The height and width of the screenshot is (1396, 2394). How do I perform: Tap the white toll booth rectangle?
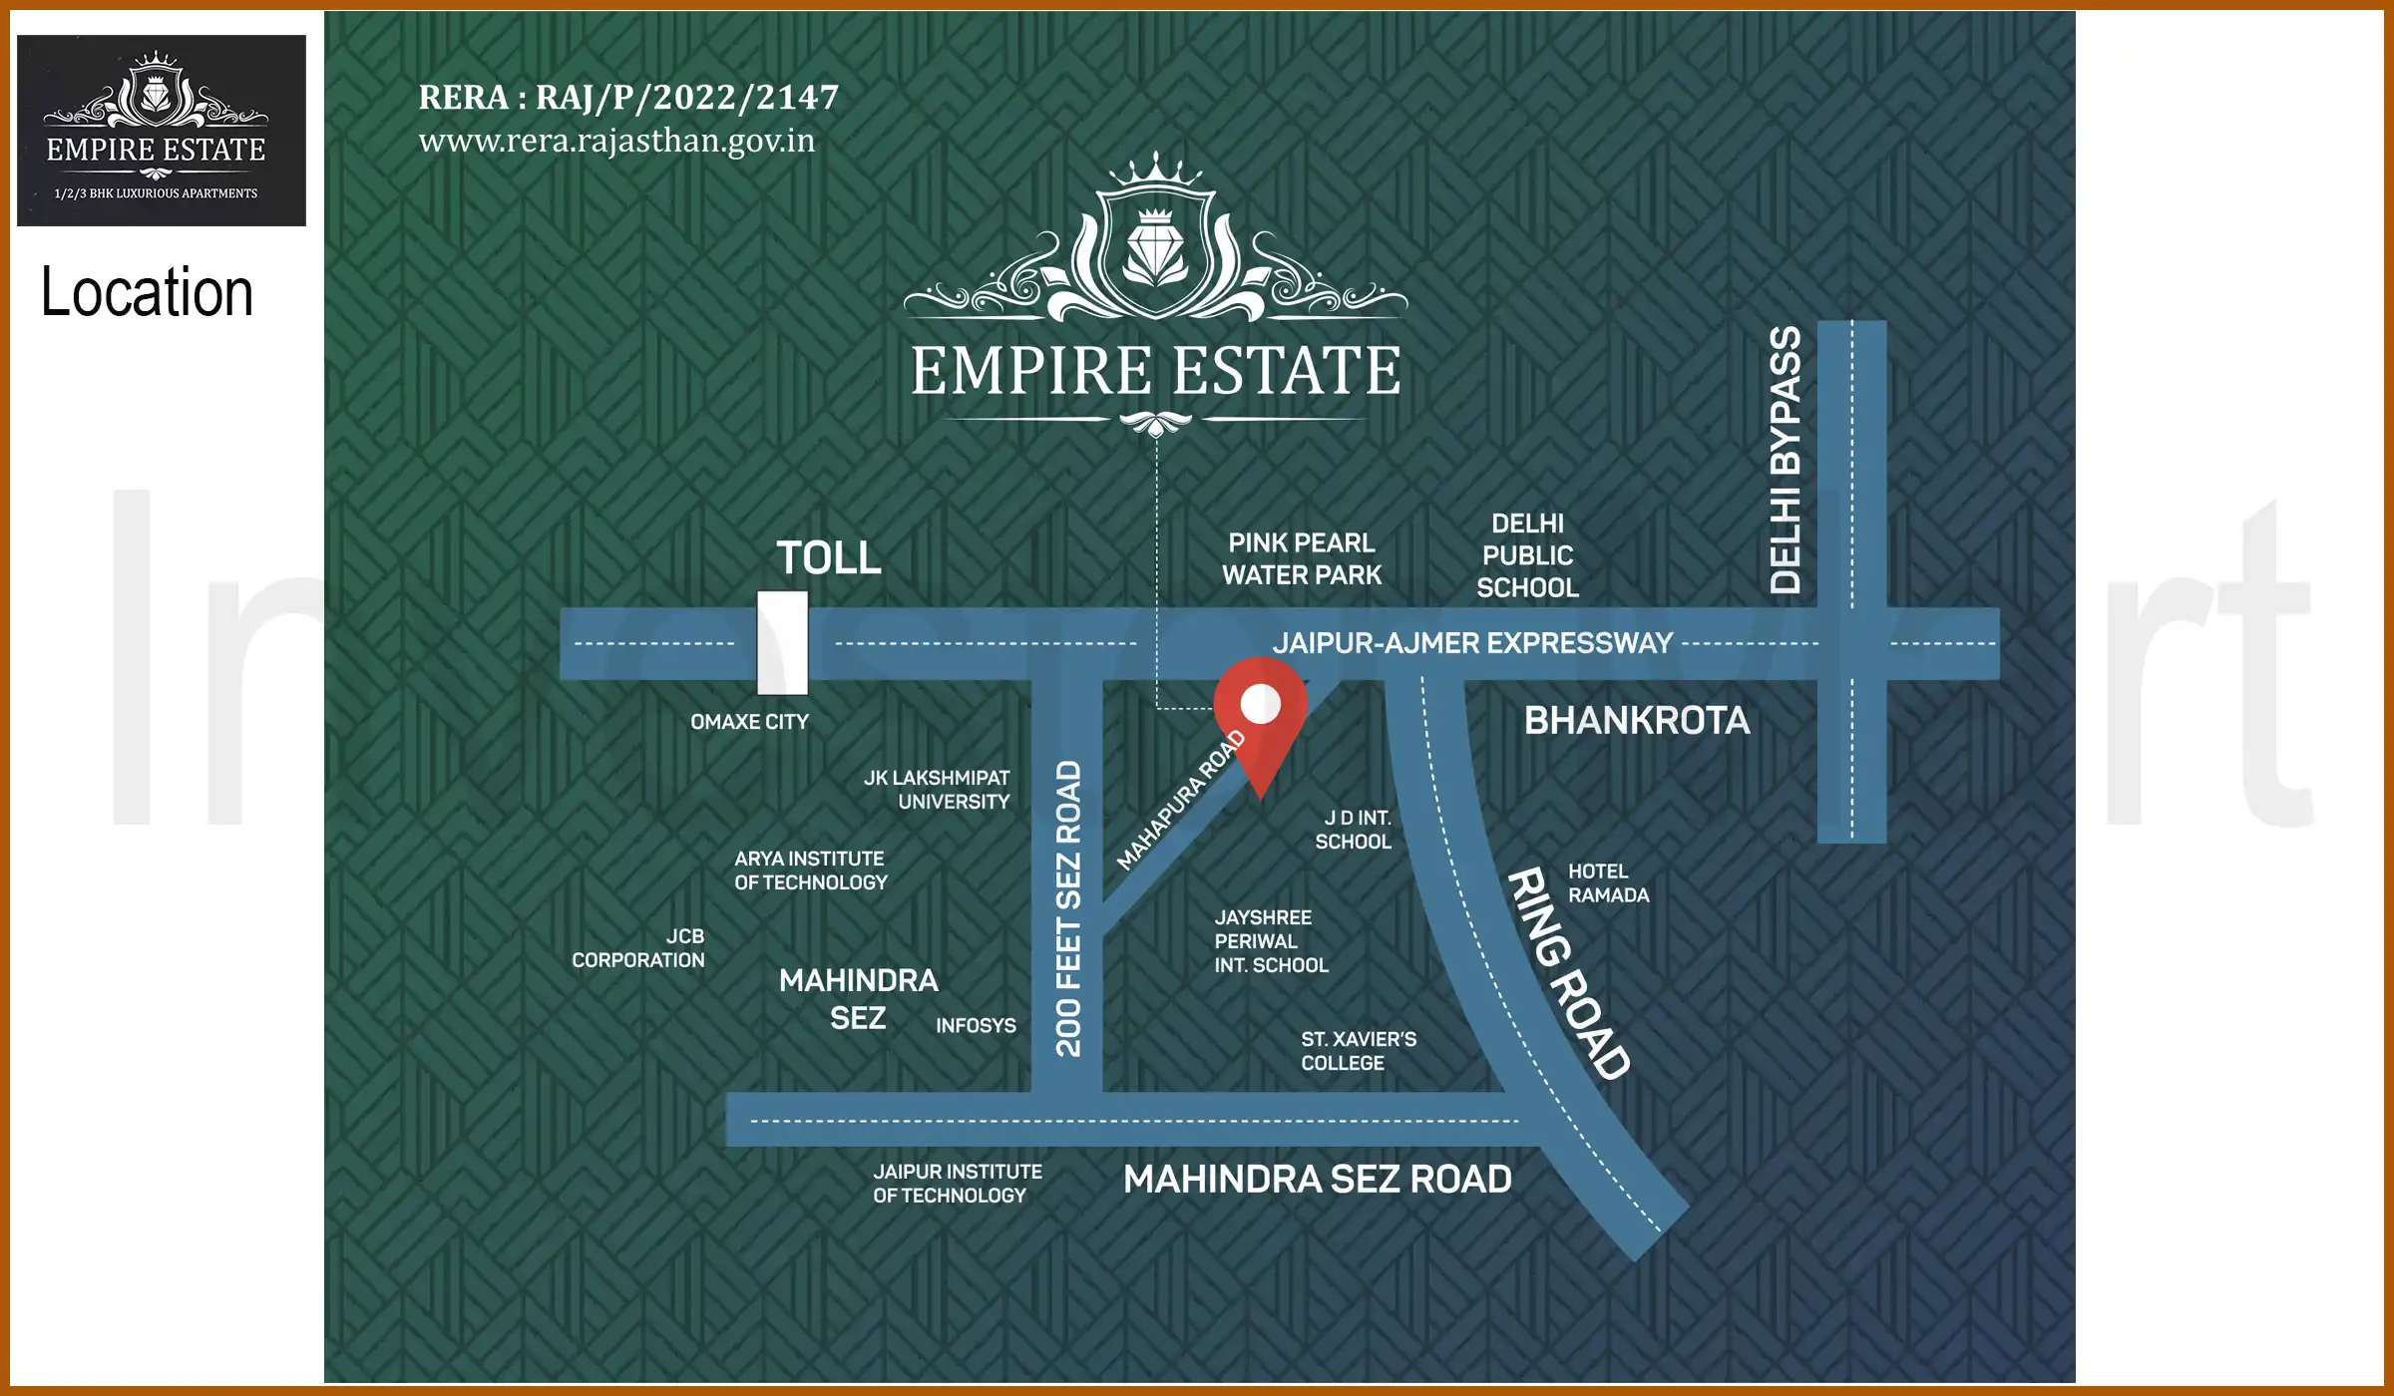[x=782, y=643]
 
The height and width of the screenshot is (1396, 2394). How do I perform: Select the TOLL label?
[x=829, y=557]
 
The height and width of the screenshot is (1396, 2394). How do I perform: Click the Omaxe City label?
[x=749, y=722]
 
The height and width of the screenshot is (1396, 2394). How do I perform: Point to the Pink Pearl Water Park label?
[x=1302, y=559]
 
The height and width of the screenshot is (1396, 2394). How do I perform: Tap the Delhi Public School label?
[x=1527, y=555]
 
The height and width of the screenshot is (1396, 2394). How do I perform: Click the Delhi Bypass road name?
[x=1786, y=460]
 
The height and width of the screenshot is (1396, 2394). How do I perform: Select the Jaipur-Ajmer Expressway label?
[x=1472, y=643]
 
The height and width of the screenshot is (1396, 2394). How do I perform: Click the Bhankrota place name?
[x=1637, y=721]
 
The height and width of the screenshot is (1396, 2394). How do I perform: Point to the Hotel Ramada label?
[x=1608, y=883]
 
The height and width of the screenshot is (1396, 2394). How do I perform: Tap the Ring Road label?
[x=1567, y=973]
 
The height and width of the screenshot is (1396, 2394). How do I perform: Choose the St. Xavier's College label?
[x=1358, y=1051]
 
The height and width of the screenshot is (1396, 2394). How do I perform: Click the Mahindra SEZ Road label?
[x=1317, y=1180]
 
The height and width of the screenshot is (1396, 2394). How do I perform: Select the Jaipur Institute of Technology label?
[x=957, y=1184]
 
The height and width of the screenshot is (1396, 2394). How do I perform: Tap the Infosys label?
[x=976, y=1026]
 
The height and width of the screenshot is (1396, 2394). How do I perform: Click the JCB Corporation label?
[x=638, y=948]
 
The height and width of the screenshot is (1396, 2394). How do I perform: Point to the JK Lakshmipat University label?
[x=937, y=790]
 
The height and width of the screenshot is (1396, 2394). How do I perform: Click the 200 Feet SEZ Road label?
[x=1068, y=908]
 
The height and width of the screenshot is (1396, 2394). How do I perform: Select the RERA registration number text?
[x=628, y=98]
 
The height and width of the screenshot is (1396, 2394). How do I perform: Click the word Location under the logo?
[x=147, y=293]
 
